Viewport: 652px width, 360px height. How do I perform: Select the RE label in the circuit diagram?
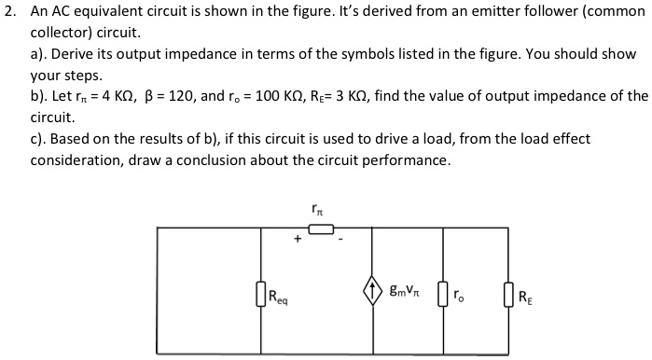click(524, 298)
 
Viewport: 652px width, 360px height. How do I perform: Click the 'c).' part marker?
click(41, 139)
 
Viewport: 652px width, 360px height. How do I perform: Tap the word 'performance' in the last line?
click(408, 160)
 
